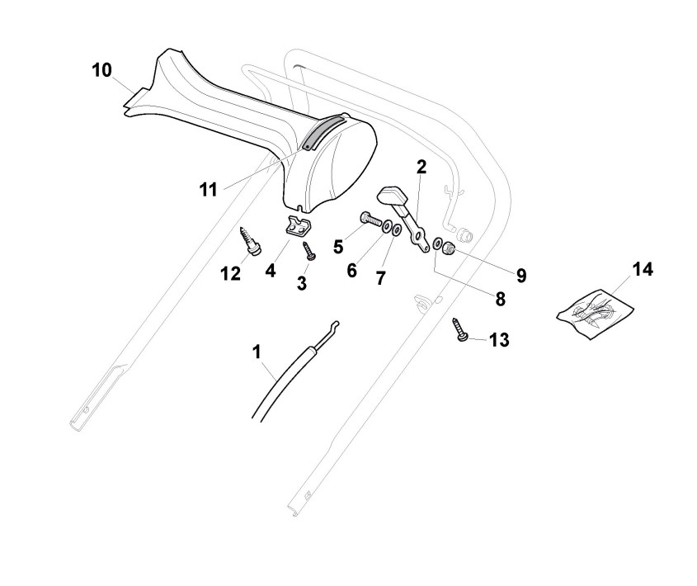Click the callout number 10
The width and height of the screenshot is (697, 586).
point(101,71)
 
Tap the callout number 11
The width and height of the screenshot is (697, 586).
point(208,190)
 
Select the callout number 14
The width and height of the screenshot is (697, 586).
point(643,270)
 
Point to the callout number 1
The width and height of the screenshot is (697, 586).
point(257,352)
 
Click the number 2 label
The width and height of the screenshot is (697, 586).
point(421,168)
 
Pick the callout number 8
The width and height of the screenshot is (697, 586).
point(501,298)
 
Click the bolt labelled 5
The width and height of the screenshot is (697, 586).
point(371,221)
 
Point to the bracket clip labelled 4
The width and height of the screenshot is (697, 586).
point(297,225)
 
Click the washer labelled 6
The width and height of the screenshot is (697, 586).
point(387,225)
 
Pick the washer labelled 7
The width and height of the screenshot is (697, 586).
point(397,229)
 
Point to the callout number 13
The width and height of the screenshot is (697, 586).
point(498,339)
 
